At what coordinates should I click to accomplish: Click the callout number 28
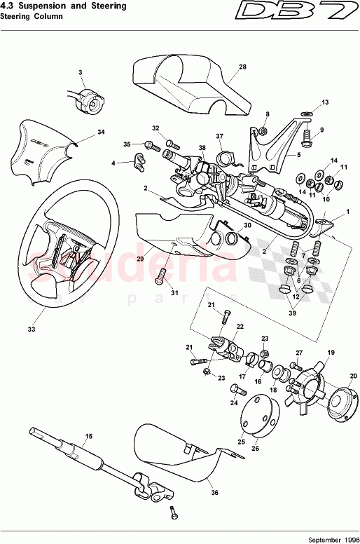click(x=242, y=67)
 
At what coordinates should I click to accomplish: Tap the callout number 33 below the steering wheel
click(x=30, y=328)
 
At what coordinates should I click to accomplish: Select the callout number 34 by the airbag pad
click(x=101, y=132)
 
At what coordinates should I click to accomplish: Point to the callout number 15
click(x=88, y=437)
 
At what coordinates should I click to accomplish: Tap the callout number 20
click(x=352, y=376)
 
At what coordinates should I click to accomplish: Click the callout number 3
click(x=81, y=73)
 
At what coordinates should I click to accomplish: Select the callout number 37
click(x=219, y=136)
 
